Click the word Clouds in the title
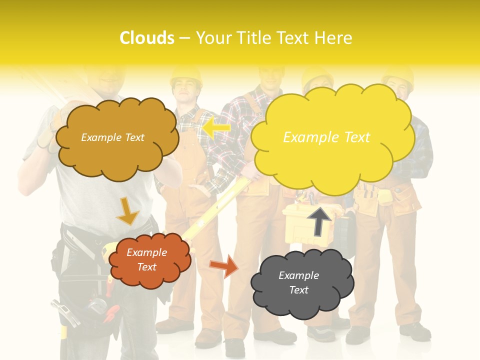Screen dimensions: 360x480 (x=147, y=38)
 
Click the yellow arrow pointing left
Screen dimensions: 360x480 (x=216, y=127)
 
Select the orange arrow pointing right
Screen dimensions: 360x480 (x=223, y=265)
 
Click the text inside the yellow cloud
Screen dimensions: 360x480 (x=326, y=137)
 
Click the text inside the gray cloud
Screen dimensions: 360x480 (x=298, y=282)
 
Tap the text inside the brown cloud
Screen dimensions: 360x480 (x=112, y=137)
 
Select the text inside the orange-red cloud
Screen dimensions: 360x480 (x=146, y=259)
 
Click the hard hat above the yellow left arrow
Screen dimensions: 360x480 (x=185, y=75)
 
